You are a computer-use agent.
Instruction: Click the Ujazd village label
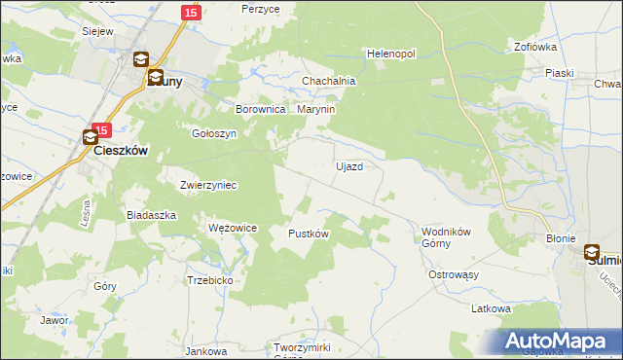point(349,166)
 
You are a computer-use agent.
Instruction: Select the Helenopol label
point(391,54)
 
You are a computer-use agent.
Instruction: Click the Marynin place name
point(316,110)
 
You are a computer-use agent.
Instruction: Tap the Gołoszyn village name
point(214,134)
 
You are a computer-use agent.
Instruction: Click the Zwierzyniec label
point(209,184)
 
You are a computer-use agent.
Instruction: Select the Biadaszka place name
point(151,214)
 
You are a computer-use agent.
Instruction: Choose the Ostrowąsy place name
point(455,274)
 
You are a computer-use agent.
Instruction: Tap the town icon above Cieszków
point(90,137)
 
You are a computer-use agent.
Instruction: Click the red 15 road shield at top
point(192,12)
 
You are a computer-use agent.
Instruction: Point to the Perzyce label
point(259,8)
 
